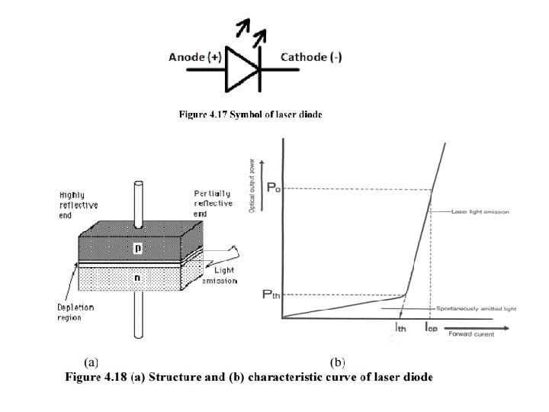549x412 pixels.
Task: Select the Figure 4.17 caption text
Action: (250, 114)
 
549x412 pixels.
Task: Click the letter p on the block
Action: (136, 248)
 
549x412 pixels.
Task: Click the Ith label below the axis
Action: (400, 329)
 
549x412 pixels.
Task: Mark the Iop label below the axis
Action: (431, 329)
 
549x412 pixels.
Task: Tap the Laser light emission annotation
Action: (480, 211)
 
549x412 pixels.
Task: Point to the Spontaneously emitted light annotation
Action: (476, 309)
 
